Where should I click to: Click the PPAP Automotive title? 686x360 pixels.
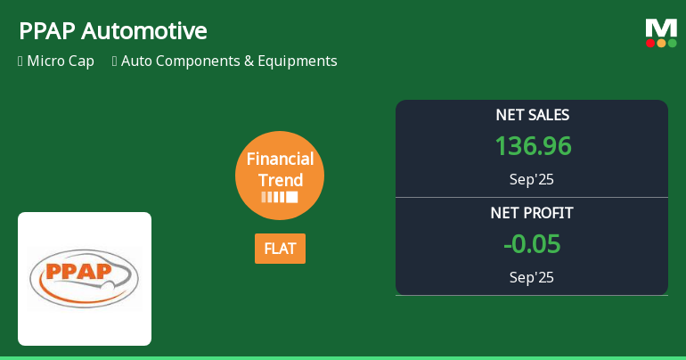(112, 31)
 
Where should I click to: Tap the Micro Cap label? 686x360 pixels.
(61, 61)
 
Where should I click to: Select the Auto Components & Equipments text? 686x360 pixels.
(229, 61)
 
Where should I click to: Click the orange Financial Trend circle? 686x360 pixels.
(280, 175)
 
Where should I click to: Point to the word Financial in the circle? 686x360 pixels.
(280, 160)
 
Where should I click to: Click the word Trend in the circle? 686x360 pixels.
(280, 179)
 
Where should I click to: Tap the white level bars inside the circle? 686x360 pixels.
(280, 197)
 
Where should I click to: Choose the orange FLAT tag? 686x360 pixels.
(280, 249)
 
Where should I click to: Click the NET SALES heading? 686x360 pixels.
(532, 115)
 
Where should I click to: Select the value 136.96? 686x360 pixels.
(532, 146)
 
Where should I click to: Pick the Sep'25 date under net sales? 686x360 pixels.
(532, 179)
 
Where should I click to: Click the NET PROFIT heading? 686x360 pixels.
(532, 213)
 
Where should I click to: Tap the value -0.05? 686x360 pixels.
(532, 243)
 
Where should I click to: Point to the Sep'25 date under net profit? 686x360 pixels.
(532, 277)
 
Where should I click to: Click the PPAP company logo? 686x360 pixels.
(85, 278)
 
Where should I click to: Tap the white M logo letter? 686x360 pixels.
(661, 28)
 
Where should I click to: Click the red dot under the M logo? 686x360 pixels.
(650, 43)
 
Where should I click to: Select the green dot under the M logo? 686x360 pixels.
(672, 43)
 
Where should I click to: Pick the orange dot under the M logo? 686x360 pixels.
(661, 43)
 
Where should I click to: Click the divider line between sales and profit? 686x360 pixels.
(532, 197)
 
